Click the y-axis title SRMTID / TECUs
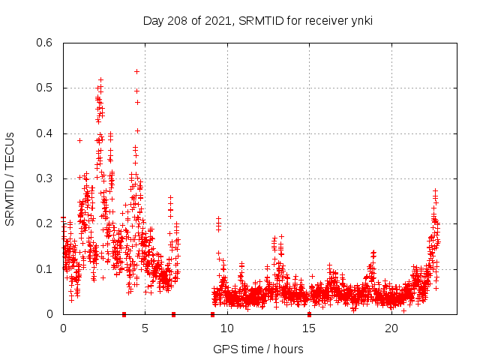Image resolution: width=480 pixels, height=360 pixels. coord(10,178)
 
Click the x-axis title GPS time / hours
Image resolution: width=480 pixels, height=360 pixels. coord(258,349)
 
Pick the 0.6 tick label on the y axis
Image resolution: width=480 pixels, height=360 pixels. coord(46,43)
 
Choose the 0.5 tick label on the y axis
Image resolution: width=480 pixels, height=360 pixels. coord(46,88)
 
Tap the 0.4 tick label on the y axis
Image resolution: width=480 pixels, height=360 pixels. coord(46,133)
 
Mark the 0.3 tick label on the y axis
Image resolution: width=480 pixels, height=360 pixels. coord(46,178)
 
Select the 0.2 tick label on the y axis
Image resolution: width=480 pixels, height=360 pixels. coord(46,223)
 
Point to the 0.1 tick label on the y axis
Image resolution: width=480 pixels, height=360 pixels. coord(46,269)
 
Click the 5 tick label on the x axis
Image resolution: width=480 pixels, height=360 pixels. coord(145,328)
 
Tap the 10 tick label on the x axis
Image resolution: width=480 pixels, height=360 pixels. coord(227,328)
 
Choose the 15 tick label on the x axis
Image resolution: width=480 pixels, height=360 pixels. coord(310,328)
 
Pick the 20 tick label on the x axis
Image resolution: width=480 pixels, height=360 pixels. coord(391,328)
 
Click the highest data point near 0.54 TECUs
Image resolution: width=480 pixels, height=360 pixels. coord(136,71)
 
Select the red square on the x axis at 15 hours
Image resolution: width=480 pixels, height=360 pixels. coord(310,314)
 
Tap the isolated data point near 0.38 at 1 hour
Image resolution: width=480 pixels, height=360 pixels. coord(79,140)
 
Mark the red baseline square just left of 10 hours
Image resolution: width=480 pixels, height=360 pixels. coord(213,314)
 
